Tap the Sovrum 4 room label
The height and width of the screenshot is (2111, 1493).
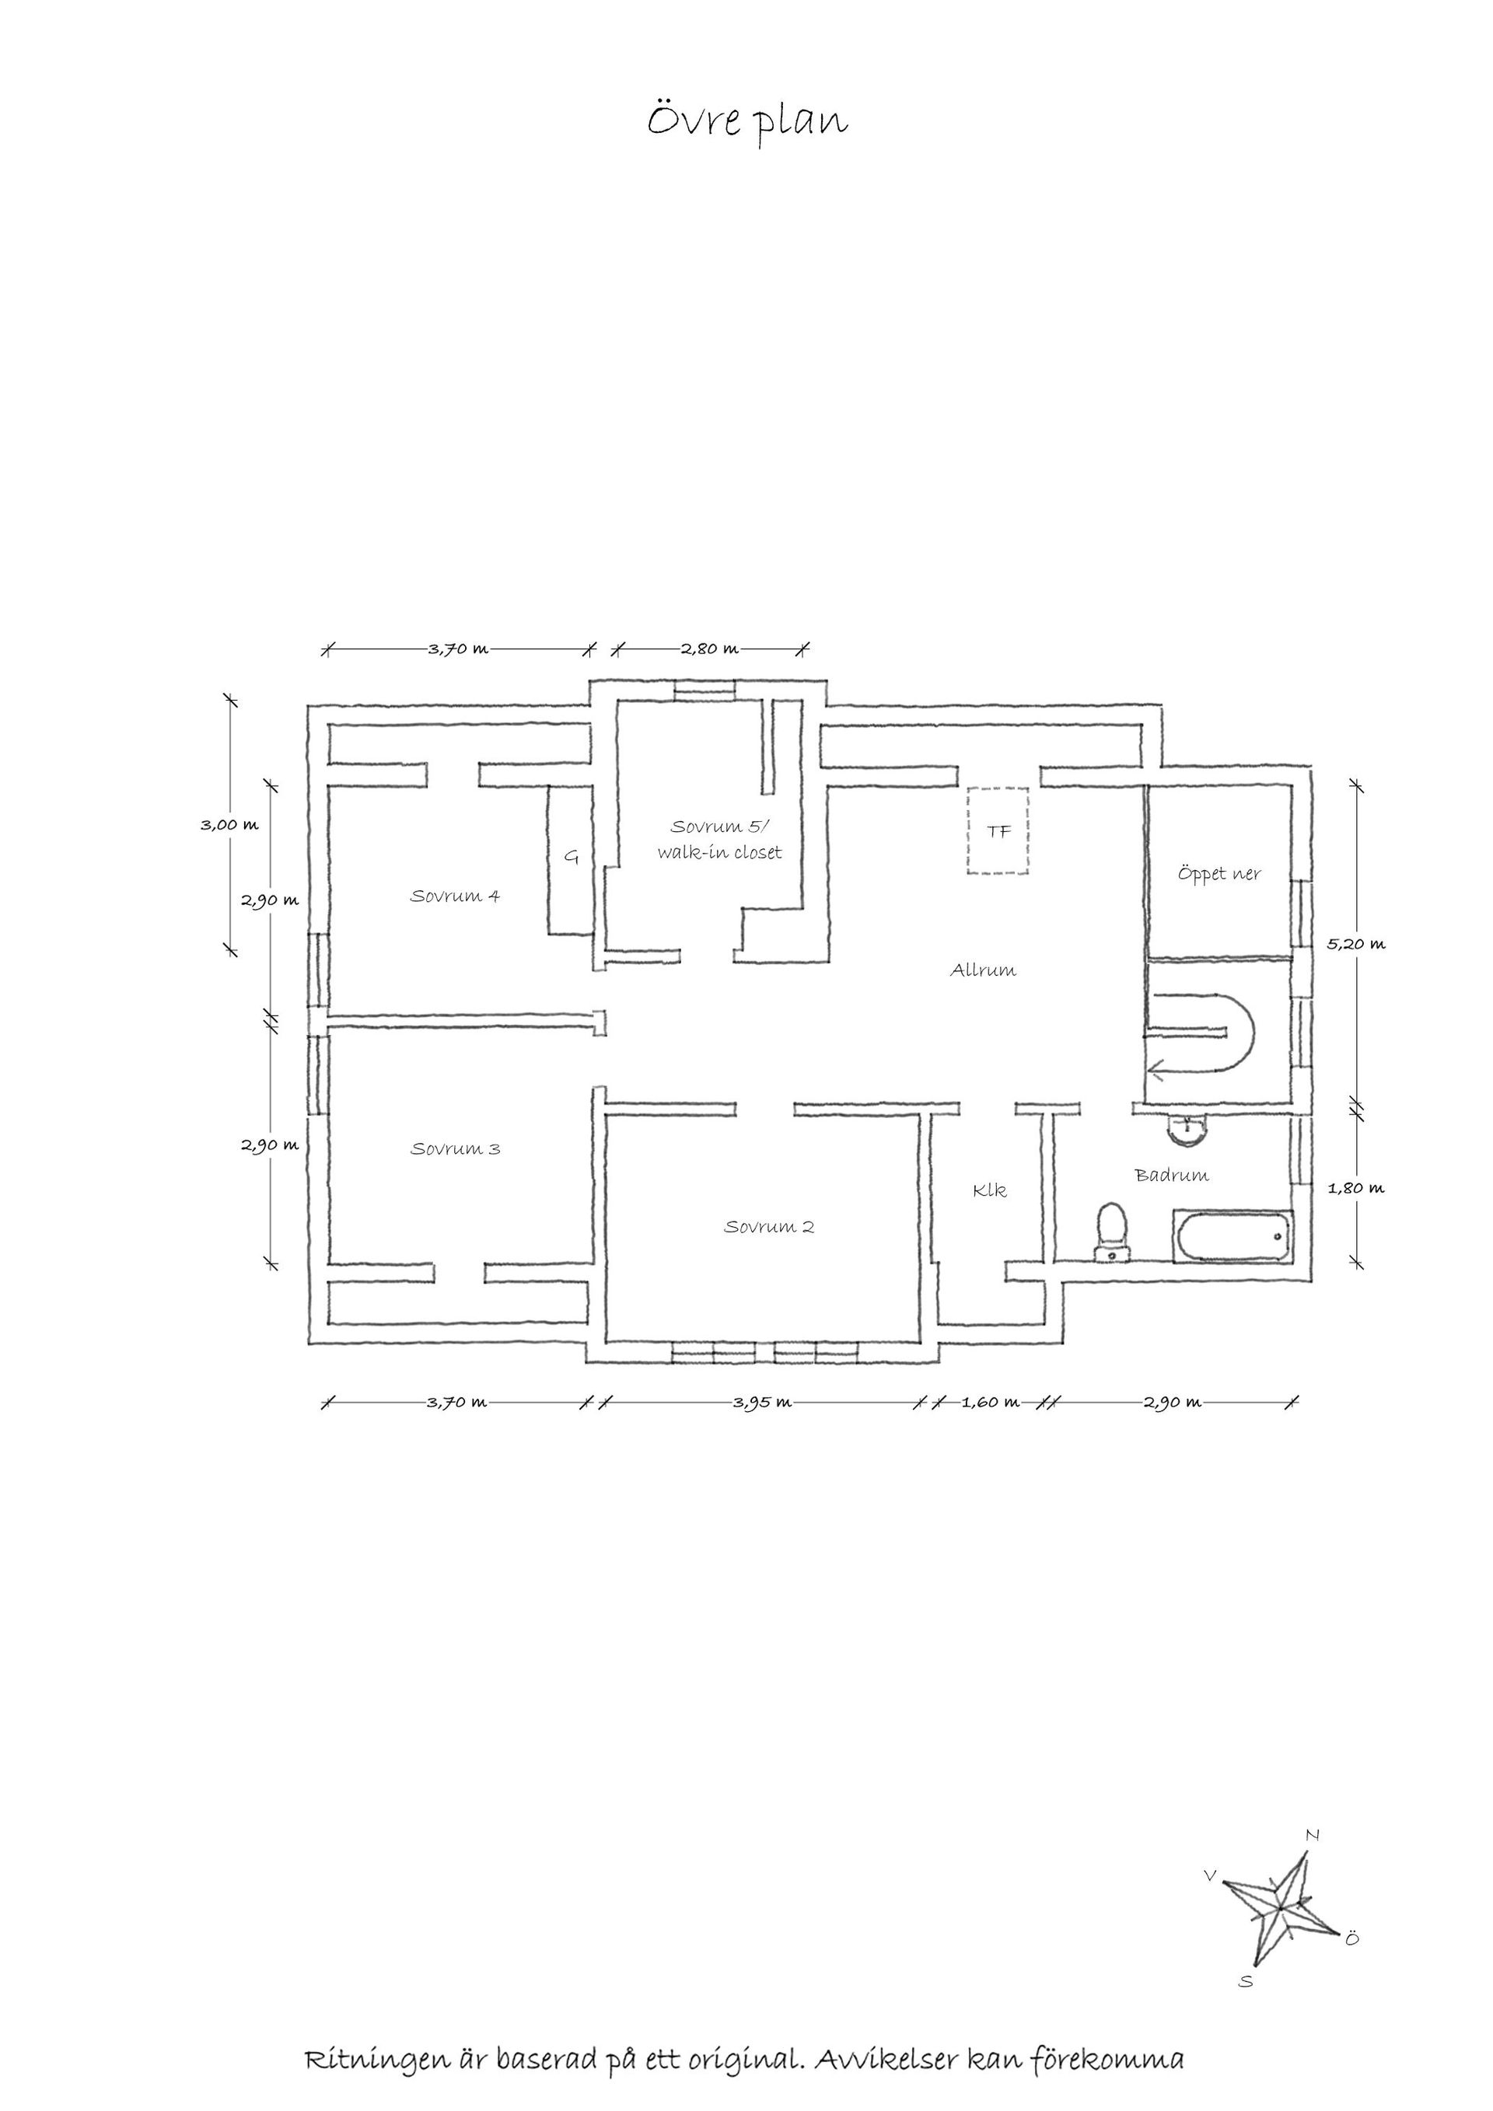tap(455, 896)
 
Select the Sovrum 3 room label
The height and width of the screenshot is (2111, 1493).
tap(455, 1148)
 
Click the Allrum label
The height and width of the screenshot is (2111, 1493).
tap(983, 970)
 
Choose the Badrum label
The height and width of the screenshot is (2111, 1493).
tap(1172, 1175)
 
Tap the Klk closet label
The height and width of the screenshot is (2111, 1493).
tap(990, 1190)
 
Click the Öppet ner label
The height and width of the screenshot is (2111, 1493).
tap(1219, 873)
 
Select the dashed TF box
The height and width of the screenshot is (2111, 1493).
tap(998, 831)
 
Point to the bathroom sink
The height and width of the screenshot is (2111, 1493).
tap(1189, 1129)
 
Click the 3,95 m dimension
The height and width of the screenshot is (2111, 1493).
tap(762, 1403)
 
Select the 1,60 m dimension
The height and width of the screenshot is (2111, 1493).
tap(990, 1403)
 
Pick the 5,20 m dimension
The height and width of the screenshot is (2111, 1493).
tap(1356, 943)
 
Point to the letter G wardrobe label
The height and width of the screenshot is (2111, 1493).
tap(571, 858)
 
